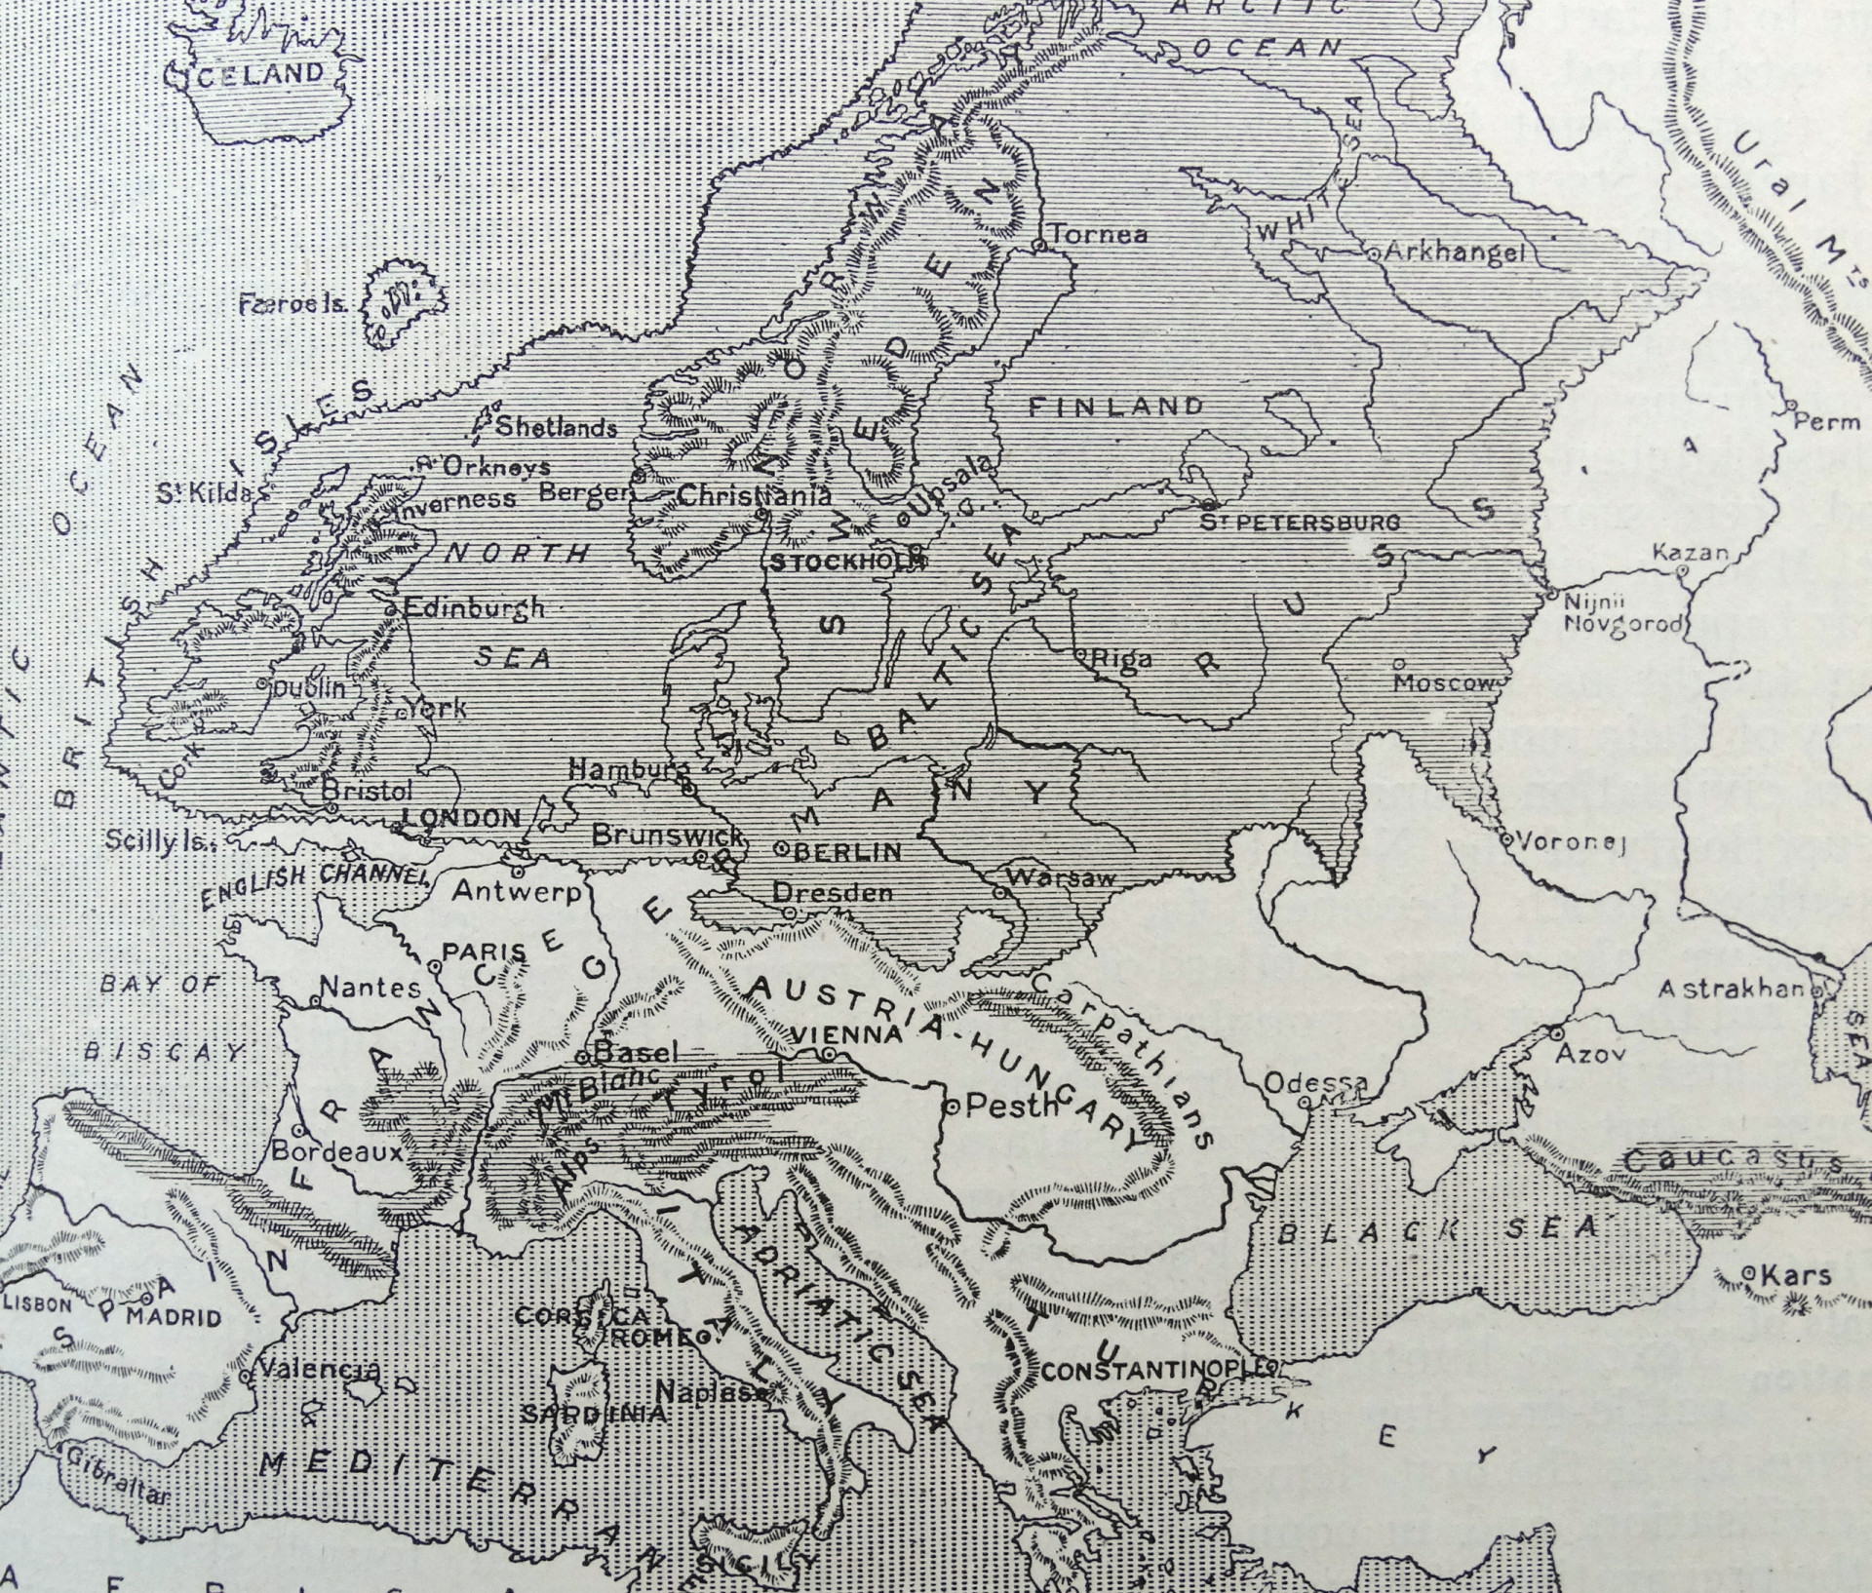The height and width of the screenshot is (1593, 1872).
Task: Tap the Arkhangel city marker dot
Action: (x=1372, y=253)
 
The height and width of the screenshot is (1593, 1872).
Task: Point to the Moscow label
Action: (x=1443, y=682)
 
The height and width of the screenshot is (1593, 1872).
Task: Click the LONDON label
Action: (x=462, y=818)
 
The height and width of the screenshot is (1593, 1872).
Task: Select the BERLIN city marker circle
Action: (x=781, y=848)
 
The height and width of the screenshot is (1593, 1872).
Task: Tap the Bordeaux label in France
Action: (x=336, y=1150)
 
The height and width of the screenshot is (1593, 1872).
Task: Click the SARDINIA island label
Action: (x=595, y=1414)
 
